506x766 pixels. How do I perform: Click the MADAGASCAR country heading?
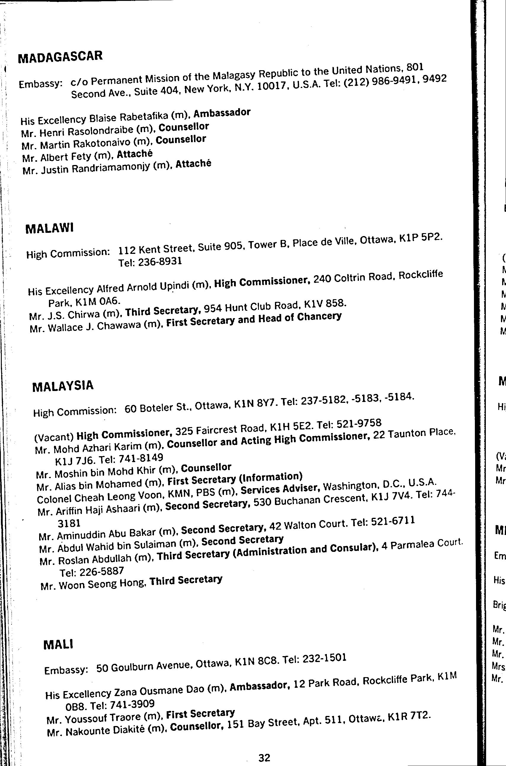[x=60, y=56]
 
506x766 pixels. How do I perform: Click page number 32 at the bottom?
[x=264, y=755]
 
